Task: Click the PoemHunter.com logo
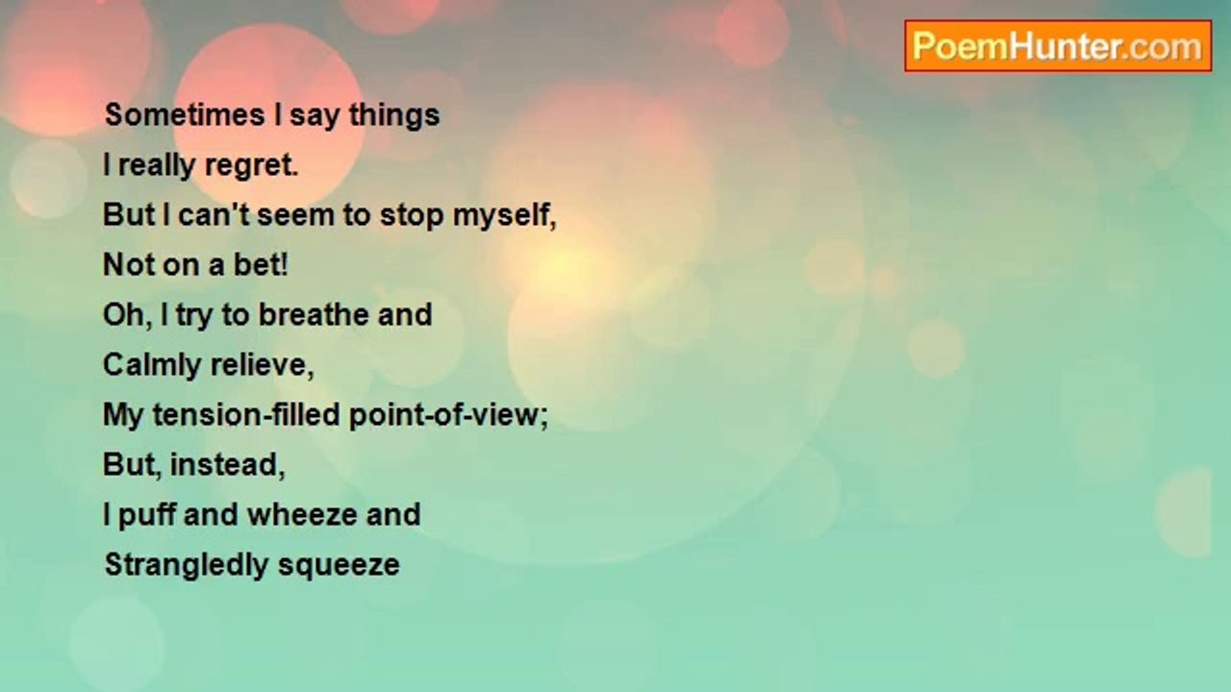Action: point(1058,46)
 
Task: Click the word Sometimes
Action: point(186,114)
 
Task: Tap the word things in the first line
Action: point(394,116)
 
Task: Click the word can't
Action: point(214,214)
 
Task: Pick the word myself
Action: point(505,215)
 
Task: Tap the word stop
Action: point(413,215)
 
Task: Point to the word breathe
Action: point(314,314)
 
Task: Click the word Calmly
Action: point(152,365)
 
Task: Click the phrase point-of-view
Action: point(448,414)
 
